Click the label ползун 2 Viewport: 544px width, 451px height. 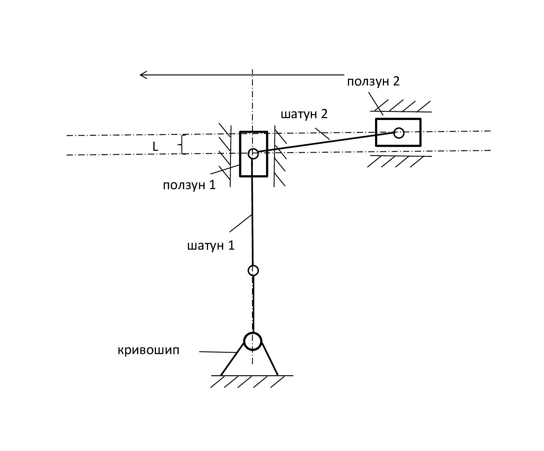373,81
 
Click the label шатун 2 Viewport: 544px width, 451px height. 304,114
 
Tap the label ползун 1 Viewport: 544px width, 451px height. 189,185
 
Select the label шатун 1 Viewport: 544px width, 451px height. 211,246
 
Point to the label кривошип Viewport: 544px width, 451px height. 149,350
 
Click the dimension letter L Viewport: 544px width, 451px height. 155,147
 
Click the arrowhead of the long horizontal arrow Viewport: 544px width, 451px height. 143,75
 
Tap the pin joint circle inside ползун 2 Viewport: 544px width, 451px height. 399,133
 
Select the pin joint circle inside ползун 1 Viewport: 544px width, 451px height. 253,153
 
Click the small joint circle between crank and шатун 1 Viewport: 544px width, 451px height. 253,270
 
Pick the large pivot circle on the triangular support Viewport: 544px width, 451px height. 253,341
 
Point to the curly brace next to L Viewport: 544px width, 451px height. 183,145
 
